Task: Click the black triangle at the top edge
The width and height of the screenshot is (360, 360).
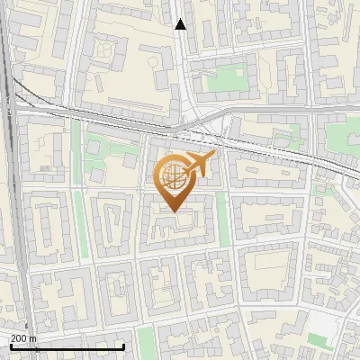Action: click(x=180, y=24)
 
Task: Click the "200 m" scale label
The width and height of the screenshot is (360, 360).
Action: click(x=22, y=338)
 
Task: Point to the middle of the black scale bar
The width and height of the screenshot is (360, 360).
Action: click(x=67, y=346)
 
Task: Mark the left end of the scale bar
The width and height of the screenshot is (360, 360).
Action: click(x=11, y=346)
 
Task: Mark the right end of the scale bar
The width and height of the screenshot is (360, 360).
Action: click(x=124, y=346)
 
